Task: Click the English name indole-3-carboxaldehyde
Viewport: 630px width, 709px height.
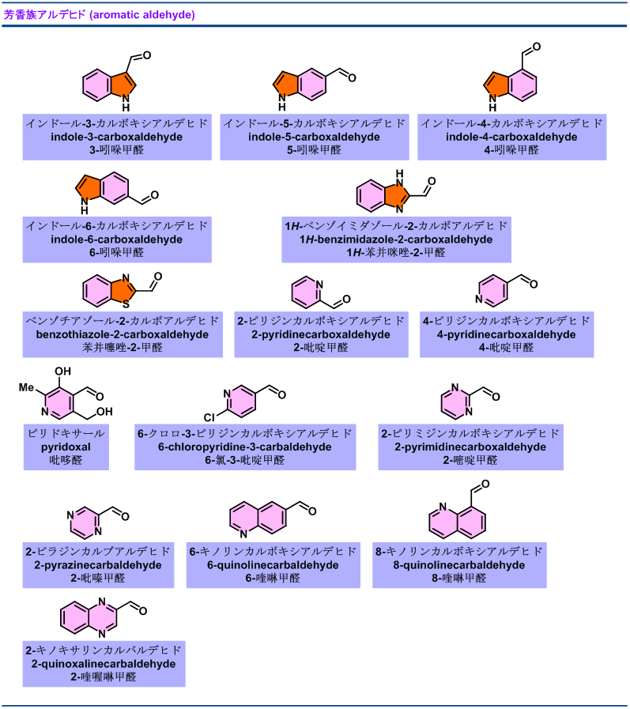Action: (116, 137)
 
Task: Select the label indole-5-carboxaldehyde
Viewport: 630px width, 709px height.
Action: (314, 137)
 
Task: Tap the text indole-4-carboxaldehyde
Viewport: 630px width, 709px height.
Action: (511, 137)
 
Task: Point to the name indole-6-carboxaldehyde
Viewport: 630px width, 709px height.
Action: (116, 239)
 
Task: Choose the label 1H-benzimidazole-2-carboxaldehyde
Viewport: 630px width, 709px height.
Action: (396, 239)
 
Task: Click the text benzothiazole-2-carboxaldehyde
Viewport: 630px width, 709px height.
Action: (123, 334)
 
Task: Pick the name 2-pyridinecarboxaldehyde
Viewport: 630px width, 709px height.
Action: (321, 334)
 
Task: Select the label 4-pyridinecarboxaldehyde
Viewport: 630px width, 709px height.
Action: (507, 334)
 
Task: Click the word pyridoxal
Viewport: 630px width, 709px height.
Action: (66, 447)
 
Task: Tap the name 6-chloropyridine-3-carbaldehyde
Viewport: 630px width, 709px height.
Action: (245, 447)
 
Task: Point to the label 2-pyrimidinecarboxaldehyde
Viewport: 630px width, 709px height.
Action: (470, 447)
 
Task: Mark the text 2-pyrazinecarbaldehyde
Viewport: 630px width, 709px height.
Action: (98, 565)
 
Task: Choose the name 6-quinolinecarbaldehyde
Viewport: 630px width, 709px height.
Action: (273, 565)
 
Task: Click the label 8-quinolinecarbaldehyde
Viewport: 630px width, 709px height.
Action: (459, 565)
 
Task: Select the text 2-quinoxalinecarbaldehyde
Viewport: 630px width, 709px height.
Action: (104, 664)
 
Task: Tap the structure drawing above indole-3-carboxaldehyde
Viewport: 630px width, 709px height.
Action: (109, 85)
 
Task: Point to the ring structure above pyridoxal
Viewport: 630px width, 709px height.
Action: (59, 403)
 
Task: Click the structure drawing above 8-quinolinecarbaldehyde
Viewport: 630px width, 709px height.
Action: (458, 522)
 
